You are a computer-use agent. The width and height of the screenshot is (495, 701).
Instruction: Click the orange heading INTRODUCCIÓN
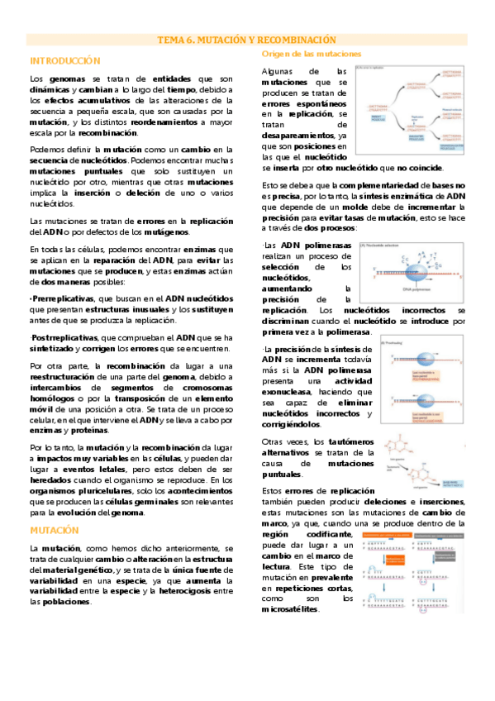coord(65,61)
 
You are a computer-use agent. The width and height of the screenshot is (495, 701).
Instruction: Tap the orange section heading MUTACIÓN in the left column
coord(55,530)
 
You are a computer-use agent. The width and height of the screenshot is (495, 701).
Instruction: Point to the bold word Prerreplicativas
coord(61,297)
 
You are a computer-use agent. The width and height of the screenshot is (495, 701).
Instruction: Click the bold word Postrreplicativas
coord(64,337)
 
